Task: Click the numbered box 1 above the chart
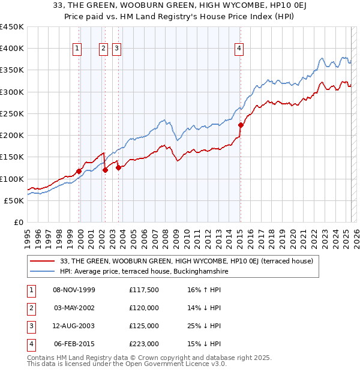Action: click(x=78, y=49)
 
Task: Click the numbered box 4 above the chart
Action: click(x=239, y=49)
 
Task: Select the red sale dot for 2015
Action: click(x=241, y=125)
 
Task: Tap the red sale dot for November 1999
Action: click(x=79, y=171)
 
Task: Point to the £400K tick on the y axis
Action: click(x=12, y=49)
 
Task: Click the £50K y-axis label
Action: click(x=14, y=201)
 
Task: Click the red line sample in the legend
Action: click(x=43, y=262)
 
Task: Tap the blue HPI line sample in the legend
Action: click(x=43, y=272)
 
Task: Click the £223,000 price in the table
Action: click(x=144, y=344)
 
